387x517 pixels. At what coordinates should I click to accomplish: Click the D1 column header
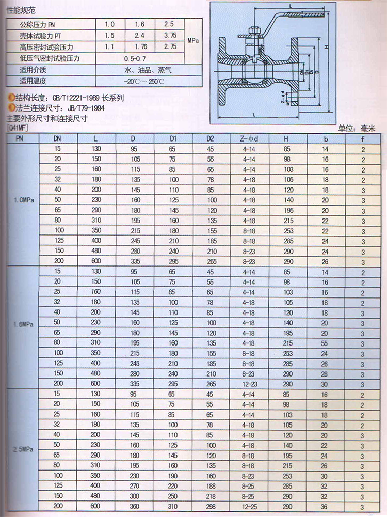click(173, 139)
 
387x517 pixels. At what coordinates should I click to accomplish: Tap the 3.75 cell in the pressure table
click(170, 35)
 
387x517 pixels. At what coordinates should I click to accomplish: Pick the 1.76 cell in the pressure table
click(140, 46)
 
